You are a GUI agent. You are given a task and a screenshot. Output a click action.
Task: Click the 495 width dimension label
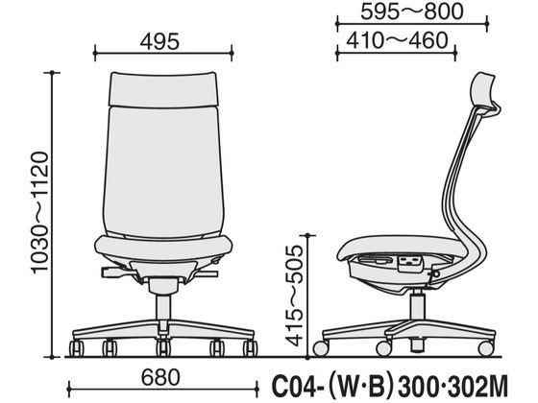click(159, 41)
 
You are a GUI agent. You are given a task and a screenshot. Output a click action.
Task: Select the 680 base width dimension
click(160, 377)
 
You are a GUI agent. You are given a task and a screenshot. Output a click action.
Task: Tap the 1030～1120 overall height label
click(39, 212)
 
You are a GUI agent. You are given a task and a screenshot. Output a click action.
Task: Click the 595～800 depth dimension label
click(412, 12)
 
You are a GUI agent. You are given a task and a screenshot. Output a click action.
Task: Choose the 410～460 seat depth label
click(397, 40)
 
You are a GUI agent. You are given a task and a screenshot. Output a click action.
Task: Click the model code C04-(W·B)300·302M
click(389, 386)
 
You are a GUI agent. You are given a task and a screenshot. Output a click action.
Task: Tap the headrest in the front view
click(163, 88)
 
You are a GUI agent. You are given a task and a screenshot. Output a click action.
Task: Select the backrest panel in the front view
click(163, 172)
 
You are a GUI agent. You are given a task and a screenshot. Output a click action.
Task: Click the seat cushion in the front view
click(163, 248)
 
